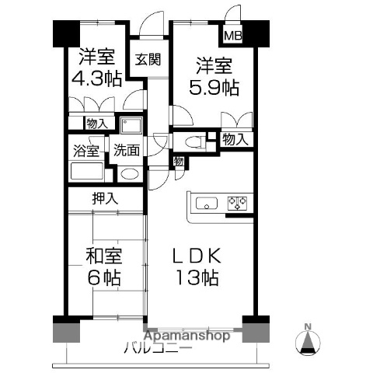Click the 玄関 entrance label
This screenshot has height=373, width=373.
[x=148, y=59]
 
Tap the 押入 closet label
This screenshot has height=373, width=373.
[x=105, y=199]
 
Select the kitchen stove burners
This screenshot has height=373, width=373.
[x=236, y=204]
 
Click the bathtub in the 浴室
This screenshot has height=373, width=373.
[x=86, y=172]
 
